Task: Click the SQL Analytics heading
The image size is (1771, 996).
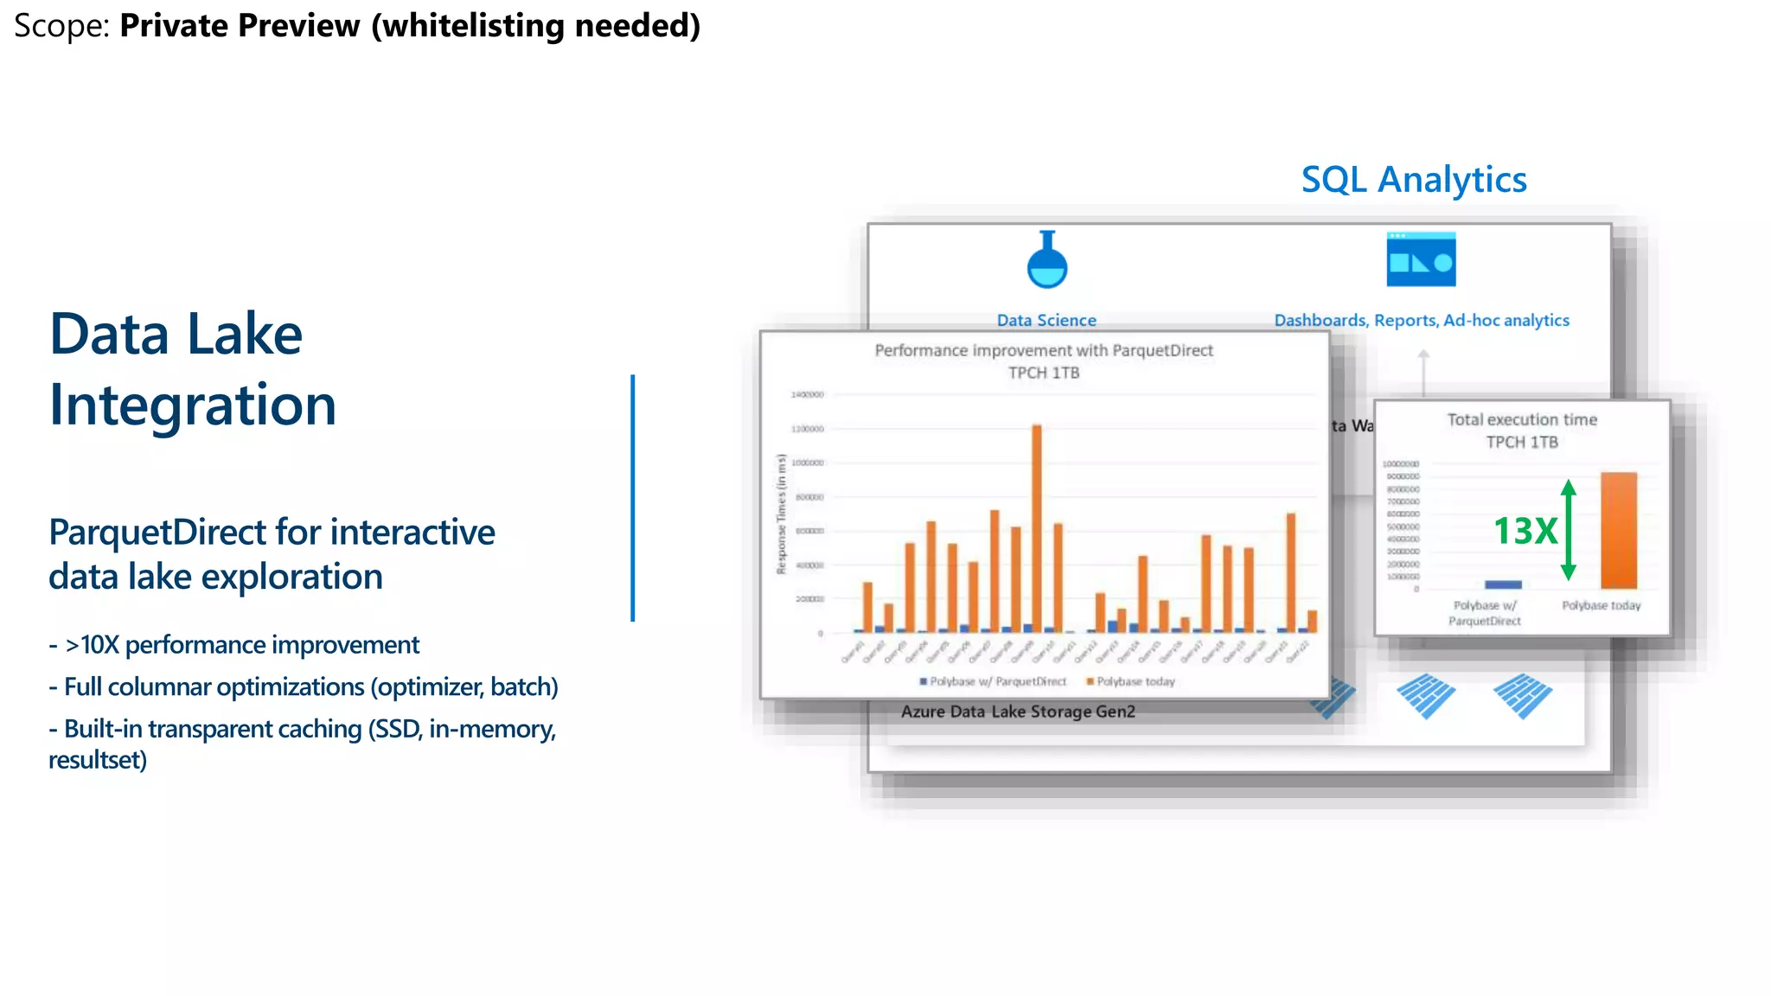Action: pos(1413,180)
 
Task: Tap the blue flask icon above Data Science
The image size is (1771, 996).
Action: pos(1046,261)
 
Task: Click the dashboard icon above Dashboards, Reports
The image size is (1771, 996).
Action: pos(1421,259)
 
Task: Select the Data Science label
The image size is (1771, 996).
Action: pos(1046,320)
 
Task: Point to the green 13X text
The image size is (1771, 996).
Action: pos(1525,531)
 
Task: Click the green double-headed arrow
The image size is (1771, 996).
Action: pos(1569,529)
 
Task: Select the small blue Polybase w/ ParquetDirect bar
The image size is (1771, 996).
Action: pos(1503,584)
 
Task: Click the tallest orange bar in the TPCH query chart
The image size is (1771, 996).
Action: pos(1037,527)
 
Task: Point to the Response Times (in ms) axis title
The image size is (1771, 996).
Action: pos(781,514)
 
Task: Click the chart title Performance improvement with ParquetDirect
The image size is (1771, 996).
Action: pos(1044,350)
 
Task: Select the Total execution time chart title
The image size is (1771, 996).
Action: pos(1522,420)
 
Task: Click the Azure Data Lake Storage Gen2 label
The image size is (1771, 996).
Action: pos(1018,712)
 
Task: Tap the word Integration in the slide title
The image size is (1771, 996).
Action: pos(192,405)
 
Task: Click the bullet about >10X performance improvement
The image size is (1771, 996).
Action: pos(241,645)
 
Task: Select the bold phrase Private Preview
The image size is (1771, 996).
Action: pos(240,26)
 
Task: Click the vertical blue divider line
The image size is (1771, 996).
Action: pos(633,497)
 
